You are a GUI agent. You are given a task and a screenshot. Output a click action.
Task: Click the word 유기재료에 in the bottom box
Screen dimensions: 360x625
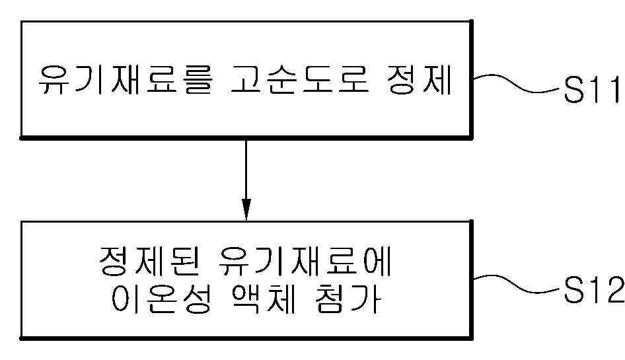(x=305, y=264)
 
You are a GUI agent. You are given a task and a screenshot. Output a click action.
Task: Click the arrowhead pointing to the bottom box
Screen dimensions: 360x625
(x=246, y=210)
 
